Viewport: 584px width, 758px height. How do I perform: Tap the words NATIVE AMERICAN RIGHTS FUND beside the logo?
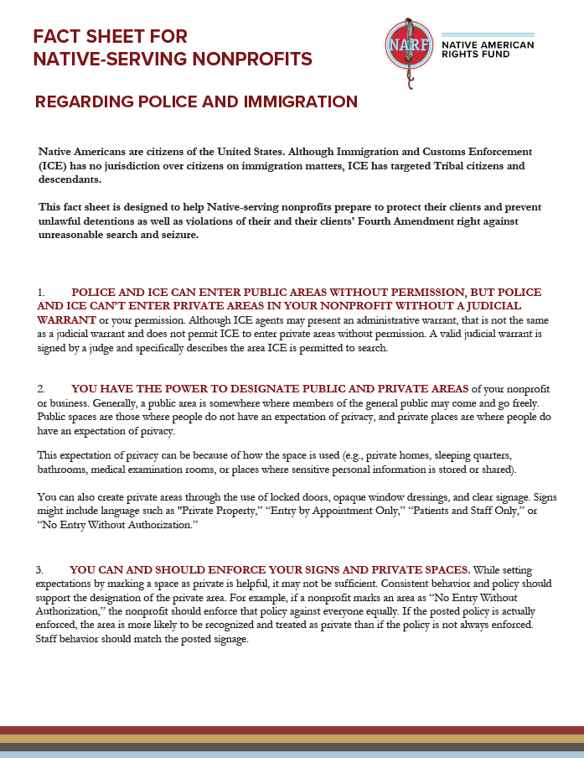tap(487, 50)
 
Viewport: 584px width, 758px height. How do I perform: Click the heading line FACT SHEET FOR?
tap(110, 36)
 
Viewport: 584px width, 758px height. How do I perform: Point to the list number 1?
tap(40, 293)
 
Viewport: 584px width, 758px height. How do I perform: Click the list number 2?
tap(40, 389)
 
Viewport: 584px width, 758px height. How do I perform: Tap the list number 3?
tap(40, 569)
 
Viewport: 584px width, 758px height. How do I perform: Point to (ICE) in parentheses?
tap(52, 165)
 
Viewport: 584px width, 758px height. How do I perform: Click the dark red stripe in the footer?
tap(292, 729)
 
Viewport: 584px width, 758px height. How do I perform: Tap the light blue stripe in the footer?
tap(292, 754)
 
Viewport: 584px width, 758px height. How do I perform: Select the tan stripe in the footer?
tap(292, 739)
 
